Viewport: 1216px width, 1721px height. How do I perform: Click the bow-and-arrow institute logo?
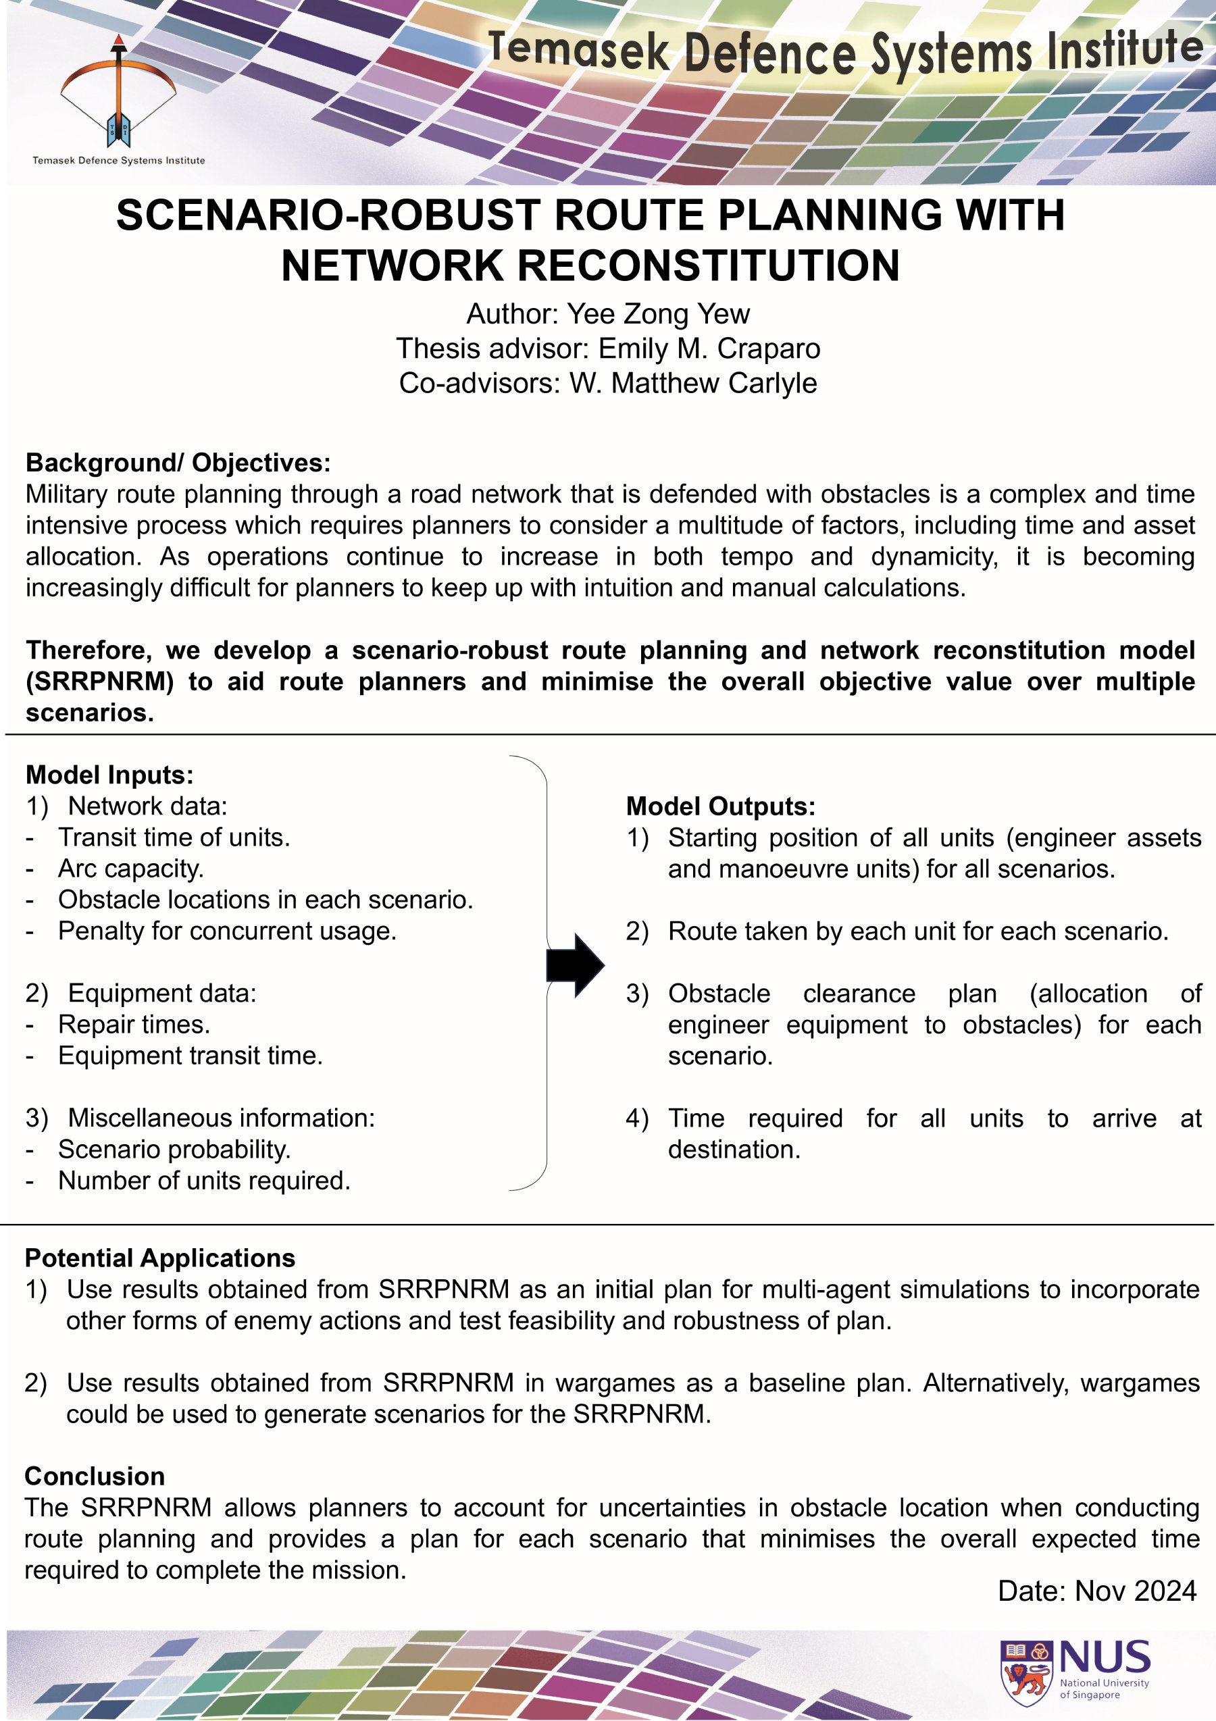tap(118, 94)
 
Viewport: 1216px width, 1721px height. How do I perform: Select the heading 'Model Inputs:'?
tap(109, 774)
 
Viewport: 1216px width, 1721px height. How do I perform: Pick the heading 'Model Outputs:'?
tap(720, 806)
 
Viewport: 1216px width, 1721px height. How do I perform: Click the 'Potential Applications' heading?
tap(159, 1258)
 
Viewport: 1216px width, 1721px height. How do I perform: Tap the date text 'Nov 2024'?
tap(1136, 1591)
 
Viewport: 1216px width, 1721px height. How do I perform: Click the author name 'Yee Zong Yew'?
tap(657, 313)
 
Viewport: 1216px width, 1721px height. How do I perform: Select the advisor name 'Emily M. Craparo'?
tap(709, 348)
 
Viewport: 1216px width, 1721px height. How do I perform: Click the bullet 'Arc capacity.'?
tap(130, 868)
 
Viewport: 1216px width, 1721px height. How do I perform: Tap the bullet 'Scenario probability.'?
tap(174, 1149)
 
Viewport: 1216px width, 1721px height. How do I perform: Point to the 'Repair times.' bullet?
tap(134, 1024)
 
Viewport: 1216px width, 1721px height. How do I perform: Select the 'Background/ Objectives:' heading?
tap(178, 463)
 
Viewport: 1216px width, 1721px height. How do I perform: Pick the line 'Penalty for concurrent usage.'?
tap(227, 930)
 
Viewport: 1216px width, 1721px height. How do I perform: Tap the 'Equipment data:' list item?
tap(162, 992)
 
